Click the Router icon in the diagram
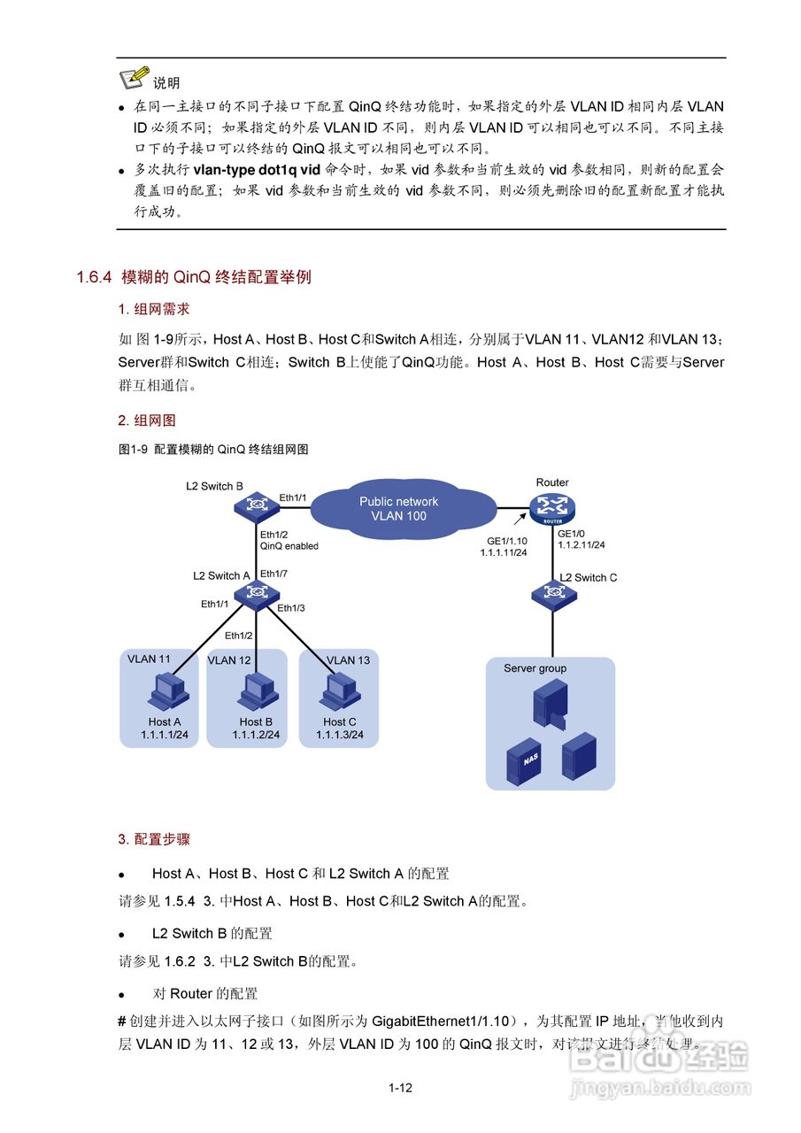[553, 507]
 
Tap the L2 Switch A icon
[257, 592]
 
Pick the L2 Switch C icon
[553, 596]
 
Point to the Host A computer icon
[166, 691]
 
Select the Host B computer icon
[256, 691]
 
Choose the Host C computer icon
[339, 691]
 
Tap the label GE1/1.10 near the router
[506, 540]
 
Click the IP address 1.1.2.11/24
[581, 546]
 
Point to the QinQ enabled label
[289, 546]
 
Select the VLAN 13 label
[348, 660]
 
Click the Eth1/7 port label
[274, 574]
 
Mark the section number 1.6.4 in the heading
[94, 278]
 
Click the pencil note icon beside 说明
[134, 77]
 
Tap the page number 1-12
[400, 1088]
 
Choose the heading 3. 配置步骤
[154, 838]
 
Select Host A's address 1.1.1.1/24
[165, 735]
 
